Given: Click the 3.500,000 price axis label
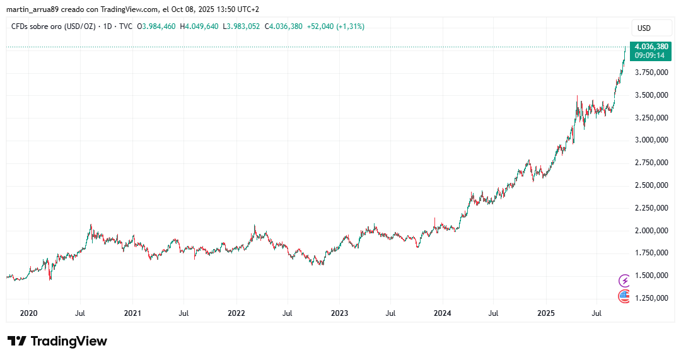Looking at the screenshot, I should coord(651,95).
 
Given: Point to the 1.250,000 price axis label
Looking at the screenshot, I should coord(651,298).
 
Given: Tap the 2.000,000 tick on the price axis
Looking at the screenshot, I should coord(651,231).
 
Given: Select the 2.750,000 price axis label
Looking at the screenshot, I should coord(651,163).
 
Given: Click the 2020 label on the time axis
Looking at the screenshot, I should coord(28,313).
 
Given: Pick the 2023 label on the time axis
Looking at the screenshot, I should coord(339,313).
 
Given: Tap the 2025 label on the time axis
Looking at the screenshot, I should coord(546,313).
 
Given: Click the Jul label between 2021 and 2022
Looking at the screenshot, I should coord(183,313).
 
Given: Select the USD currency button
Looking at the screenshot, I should coord(644,28).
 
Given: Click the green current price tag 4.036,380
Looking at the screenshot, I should coord(651,47).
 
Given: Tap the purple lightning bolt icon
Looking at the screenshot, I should coord(624,281).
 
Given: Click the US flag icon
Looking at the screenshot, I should coord(624,296).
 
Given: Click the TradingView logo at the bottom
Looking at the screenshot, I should coord(57,341).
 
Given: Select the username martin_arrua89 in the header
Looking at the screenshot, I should coord(33,9).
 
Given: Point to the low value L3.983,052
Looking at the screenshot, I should coord(242,26).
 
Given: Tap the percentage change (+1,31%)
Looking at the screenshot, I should coord(350,26).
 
